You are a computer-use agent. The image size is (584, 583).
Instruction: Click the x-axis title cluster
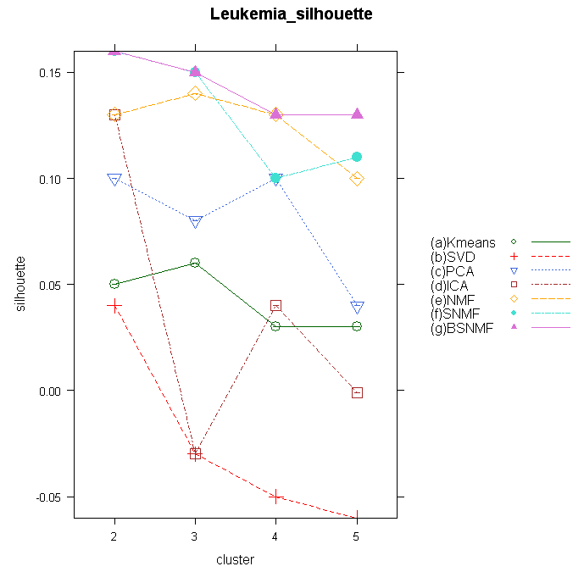pos(235,560)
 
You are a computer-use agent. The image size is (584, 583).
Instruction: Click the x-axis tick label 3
pos(195,536)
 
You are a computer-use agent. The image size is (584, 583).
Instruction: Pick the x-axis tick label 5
pos(357,536)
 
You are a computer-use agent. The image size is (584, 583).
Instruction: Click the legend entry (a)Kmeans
pos(463,243)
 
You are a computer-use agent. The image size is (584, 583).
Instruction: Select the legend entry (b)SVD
pos(455,258)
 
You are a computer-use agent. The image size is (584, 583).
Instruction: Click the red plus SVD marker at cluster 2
pos(114,305)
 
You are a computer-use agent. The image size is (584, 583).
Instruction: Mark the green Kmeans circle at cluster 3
pos(195,263)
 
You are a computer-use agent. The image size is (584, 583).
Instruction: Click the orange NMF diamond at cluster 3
pos(195,93)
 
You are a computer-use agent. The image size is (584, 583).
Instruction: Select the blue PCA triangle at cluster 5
pos(357,307)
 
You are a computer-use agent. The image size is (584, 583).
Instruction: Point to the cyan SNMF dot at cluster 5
pos(357,157)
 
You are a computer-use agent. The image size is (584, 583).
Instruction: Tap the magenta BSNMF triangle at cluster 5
pos(357,114)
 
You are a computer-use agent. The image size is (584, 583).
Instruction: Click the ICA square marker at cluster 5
pos(357,392)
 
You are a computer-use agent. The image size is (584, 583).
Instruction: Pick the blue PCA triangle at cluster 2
pos(114,180)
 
